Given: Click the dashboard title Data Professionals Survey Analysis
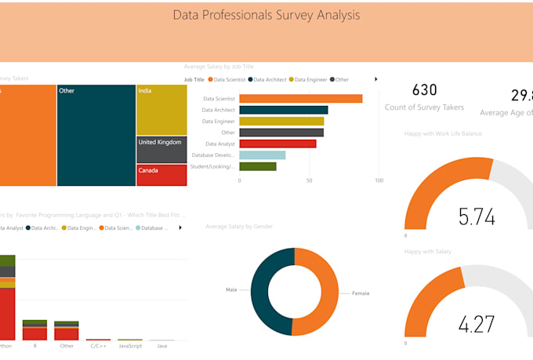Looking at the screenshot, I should coord(266,15).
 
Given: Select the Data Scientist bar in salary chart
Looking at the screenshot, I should coord(300,99).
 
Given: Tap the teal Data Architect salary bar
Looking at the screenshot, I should coord(283,110).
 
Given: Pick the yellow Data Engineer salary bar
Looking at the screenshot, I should coord(281,122).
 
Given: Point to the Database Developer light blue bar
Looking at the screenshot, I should coord(262,155).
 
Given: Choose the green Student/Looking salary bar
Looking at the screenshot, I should coord(257,166).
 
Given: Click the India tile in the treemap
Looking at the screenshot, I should coord(161,110).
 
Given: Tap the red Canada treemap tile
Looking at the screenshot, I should coord(161,174).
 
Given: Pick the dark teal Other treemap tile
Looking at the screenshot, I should coord(96,135).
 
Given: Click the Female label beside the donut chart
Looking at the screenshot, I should coord(360,293).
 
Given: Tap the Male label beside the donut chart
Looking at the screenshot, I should coord(231,289).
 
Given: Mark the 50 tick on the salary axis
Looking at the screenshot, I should coord(309,181).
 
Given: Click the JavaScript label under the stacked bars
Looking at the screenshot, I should coord(130,345).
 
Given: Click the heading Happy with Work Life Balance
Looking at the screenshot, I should coord(443,134).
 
